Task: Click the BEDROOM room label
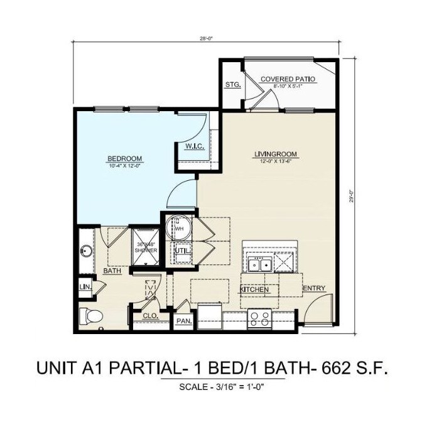tap(124, 158)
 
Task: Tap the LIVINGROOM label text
tap(275, 154)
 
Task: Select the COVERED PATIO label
tap(288, 79)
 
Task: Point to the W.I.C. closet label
tap(193, 146)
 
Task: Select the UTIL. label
tap(182, 250)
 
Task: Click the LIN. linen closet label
tap(85, 287)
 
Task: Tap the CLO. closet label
tap(149, 315)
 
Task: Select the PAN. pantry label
tap(183, 321)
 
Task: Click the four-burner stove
tap(259, 320)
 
